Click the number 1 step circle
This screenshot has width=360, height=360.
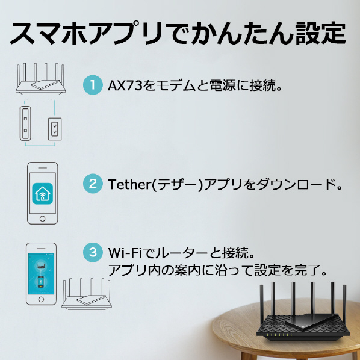coord(93,85)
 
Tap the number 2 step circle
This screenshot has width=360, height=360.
coord(93,184)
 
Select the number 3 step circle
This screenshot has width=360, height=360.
coord(93,252)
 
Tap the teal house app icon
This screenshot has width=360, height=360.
coord(43,194)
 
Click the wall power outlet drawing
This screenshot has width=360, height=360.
coord(55,129)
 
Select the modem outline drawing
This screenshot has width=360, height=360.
coord(25,123)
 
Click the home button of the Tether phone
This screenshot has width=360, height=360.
coord(43,219)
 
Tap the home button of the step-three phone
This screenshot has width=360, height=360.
coord(41,299)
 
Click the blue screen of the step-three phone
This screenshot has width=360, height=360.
coord(41,273)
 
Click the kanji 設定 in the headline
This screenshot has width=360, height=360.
coord(320,34)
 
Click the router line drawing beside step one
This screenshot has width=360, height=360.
coord(40,79)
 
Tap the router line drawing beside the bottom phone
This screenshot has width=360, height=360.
coord(87,294)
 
